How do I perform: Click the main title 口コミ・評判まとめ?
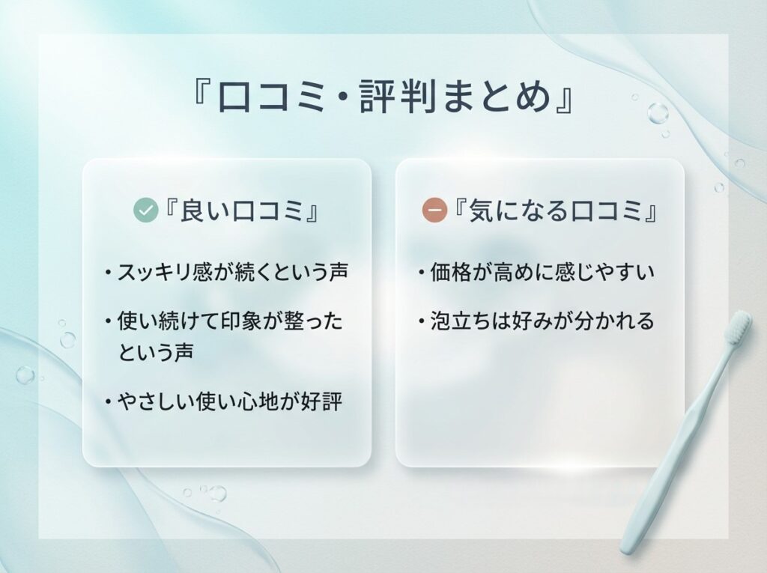(383, 98)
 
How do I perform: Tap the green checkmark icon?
(145, 211)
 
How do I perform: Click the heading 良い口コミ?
(240, 212)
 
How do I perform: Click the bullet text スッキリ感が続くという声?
(232, 271)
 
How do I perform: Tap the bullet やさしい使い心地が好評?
(229, 401)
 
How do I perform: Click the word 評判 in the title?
(413, 98)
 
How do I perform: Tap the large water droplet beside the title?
(658, 113)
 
